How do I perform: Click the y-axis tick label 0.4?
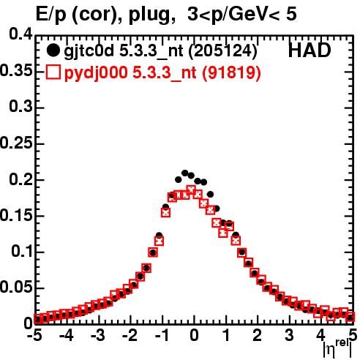click(x=20, y=34)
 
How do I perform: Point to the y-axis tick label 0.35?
click(x=16, y=70)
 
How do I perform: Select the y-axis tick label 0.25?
click(x=16, y=143)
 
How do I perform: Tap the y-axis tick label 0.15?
click(x=16, y=215)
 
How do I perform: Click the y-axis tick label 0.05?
click(x=16, y=287)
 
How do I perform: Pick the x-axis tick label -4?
click(x=66, y=335)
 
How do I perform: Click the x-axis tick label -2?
click(x=130, y=335)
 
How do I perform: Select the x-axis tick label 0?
click(x=194, y=335)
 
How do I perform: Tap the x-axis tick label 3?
click(x=289, y=335)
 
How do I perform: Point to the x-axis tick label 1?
click(x=226, y=335)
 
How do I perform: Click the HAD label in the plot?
click(x=310, y=50)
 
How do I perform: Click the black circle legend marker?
click(x=53, y=50)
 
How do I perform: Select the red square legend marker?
click(x=53, y=72)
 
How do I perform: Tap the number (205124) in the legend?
click(x=223, y=51)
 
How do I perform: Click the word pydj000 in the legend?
click(x=96, y=73)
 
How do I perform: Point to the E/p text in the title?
click(x=51, y=14)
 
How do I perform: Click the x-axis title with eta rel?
click(x=337, y=350)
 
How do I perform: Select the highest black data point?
click(x=184, y=173)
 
